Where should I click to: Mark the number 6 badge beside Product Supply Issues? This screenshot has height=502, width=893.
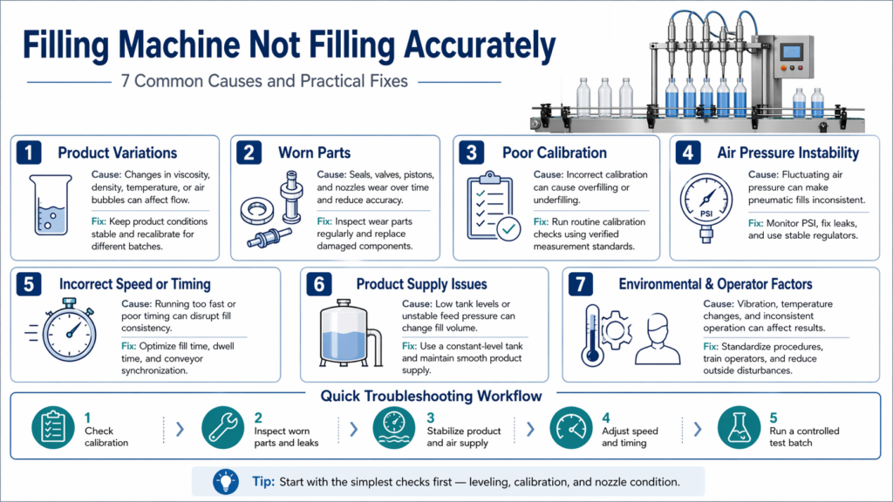pyautogui.click(x=319, y=285)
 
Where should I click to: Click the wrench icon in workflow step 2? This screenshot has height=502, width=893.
pyautogui.click(x=222, y=430)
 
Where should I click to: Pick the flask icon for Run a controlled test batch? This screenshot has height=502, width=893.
pyautogui.click(x=738, y=430)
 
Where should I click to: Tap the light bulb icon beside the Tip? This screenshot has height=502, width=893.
pyautogui.click(x=225, y=480)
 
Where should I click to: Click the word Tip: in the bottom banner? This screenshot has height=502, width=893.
pyautogui.click(x=262, y=481)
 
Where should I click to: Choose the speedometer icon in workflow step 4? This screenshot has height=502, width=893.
pyautogui.click(x=571, y=430)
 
